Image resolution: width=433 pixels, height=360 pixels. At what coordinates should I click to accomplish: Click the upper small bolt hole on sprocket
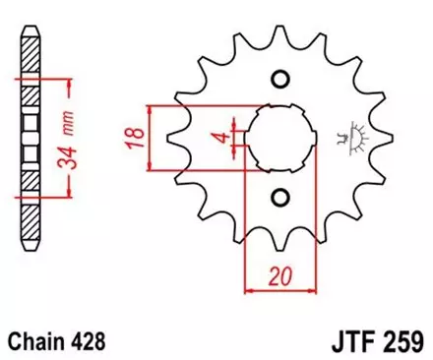(x=280, y=79)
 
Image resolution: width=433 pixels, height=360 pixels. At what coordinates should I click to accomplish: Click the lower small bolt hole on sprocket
(x=280, y=199)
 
